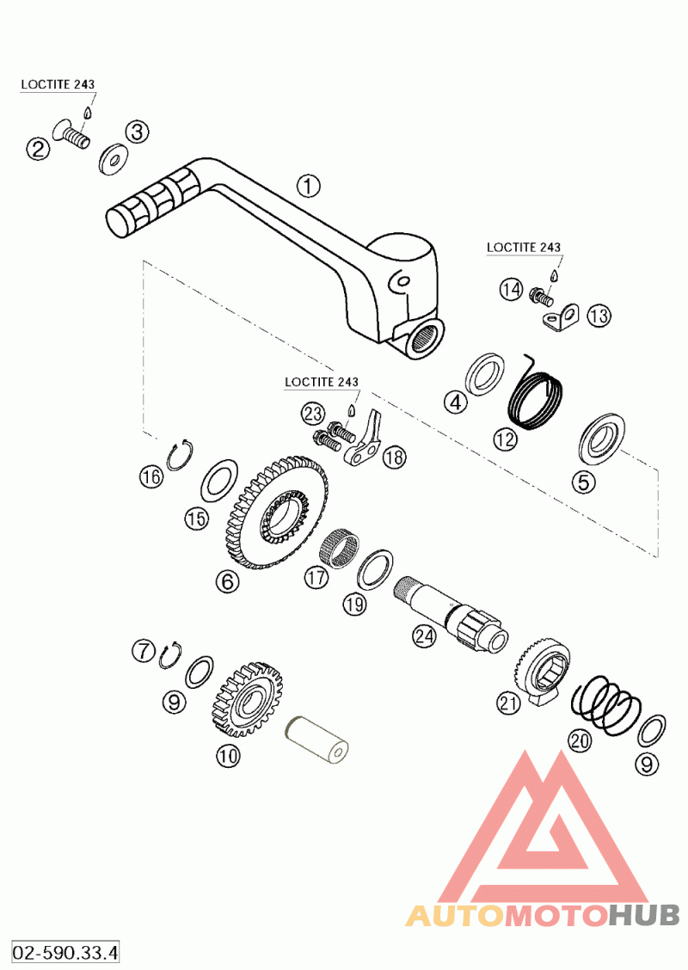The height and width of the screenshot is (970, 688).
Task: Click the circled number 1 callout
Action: (308, 186)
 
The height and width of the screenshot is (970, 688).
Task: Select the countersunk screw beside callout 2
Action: (71, 134)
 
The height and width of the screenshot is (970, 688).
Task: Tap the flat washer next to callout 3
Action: (113, 160)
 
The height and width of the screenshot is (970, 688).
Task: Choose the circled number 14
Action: (511, 289)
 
